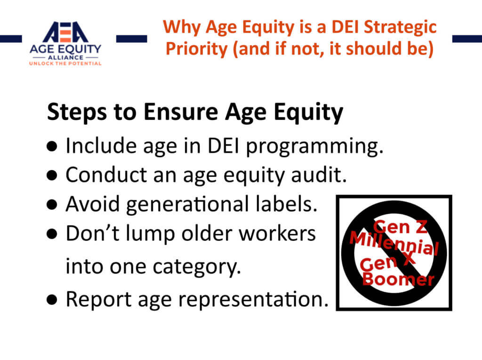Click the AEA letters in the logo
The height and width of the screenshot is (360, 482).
click(65, 32)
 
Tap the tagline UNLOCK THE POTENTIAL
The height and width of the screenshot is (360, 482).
click(65, 64)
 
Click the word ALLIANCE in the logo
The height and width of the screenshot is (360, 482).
click(65, 57)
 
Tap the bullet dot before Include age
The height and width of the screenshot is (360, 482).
click(52, 146)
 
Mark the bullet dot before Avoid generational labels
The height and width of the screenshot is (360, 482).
click(52, 205)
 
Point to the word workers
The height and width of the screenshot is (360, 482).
click(277, 233)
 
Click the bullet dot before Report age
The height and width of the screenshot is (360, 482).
click(52, 300)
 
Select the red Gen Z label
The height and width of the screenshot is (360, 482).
click(400, 227)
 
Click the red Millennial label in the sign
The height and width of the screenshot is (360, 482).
click(394, 243)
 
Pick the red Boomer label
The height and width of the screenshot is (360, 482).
click(398, 279)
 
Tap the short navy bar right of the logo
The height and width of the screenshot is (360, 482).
click(132, 39)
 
